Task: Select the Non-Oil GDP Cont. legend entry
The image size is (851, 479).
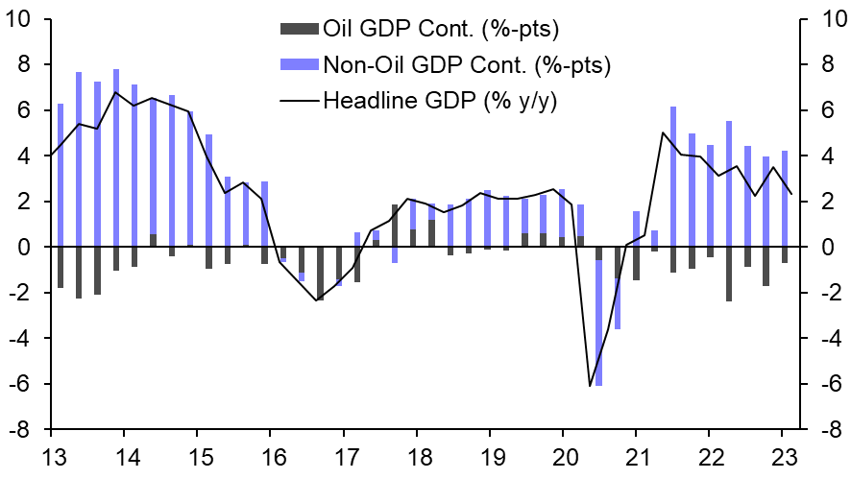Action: click(466, 64)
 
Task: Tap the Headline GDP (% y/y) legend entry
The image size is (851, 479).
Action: click(440, 100)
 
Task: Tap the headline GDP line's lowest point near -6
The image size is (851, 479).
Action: click(590, 386)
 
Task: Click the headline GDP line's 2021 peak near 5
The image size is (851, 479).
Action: click(664, 132)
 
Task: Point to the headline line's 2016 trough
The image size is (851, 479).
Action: click(316, 300)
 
